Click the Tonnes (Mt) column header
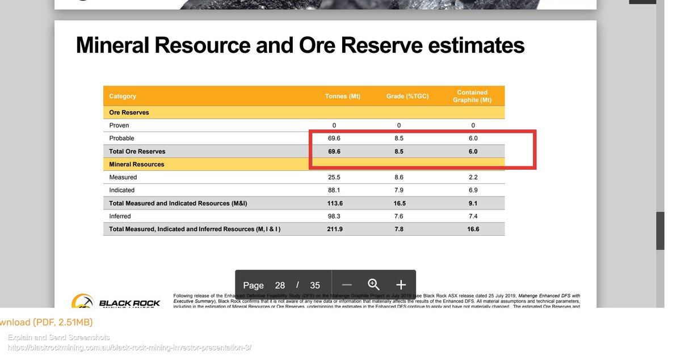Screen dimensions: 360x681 click(x=342, y=96)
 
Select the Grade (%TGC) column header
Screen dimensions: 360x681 click(x=407, y=96)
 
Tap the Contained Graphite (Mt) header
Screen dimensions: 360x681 click(x=472, y=96)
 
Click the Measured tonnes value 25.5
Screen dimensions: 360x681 click(x=334, y=177)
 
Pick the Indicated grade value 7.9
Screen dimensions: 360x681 click(x=399, y=190)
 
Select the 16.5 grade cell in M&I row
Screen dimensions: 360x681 click(x=399, y=203)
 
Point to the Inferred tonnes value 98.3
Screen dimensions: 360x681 click(x=334, y=216)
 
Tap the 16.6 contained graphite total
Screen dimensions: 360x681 click(x=473, y=229)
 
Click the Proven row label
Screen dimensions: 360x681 click(x=119, y=125)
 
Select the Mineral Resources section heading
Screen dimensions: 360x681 click(x=137, y=164)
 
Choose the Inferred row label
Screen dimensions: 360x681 click(x=120, y=216)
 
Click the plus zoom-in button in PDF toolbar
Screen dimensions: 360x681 click(x=401, y=285)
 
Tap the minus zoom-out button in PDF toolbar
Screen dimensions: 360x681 click(x=347, y=285)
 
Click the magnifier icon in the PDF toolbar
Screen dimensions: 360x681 click(x=373, y=284)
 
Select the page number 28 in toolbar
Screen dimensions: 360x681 click(x=280, y=285)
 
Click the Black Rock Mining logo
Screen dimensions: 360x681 click(x=116, y=302)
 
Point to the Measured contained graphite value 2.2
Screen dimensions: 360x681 click(x=473, y=177)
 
